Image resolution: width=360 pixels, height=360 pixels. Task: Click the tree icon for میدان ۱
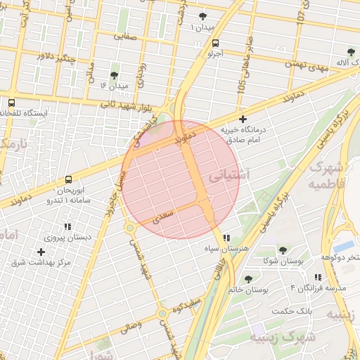[x=203, y=15]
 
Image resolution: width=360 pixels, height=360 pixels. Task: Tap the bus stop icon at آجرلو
[x=215, y=42]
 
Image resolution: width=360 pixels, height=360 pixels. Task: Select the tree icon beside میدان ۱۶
[x=115, y=75]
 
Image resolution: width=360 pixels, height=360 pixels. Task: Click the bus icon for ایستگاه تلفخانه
[x=11, y=102]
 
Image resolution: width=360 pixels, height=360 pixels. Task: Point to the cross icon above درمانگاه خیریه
[x=243, y=119]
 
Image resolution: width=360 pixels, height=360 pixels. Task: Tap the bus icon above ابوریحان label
[x=68, y=180]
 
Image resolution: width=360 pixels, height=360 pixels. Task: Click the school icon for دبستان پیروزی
[x=67, y=226]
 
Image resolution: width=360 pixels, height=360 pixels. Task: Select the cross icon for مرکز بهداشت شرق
[x=41, y=251]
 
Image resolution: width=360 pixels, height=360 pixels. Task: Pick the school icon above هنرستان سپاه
[x=226, y=238]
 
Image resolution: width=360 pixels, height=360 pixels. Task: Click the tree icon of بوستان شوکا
[x=283, y=250]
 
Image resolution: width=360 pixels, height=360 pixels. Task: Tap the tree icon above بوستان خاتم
[x=248, y=278]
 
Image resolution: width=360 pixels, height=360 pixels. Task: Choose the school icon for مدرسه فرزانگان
[x=318, y=278]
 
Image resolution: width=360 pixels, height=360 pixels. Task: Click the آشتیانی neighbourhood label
[x=227, y=174]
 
